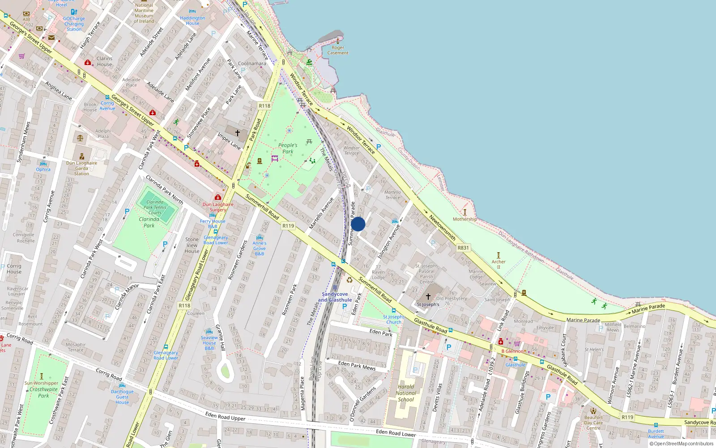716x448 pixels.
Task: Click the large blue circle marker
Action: pos(358,224)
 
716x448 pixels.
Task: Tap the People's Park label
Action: pos(288,148)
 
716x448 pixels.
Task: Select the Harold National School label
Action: pos(406,393)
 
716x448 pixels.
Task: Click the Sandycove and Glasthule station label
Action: pos(335,297)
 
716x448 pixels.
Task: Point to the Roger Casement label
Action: pos(338,50)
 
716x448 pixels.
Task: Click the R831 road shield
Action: pos(463,248)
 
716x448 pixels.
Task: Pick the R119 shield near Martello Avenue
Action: pos(288,226)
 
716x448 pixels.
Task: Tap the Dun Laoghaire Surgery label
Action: pos(218,207)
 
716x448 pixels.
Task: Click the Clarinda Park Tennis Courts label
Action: pos(155,207)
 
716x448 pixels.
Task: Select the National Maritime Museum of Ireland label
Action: pos(144,13)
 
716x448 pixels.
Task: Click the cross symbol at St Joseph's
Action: pos(428,297)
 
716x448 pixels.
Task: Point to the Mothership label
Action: pos(465,219)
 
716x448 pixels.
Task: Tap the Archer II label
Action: pos(499,264)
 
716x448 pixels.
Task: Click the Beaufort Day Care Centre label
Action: pos(593,422)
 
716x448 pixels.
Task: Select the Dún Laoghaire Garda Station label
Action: pos(81,168)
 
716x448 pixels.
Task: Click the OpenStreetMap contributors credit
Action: pos(682,444)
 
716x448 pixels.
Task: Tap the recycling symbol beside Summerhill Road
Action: pos(349,280)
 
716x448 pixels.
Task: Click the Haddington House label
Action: pos(192,21)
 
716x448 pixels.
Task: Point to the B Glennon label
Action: pos(512,351)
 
